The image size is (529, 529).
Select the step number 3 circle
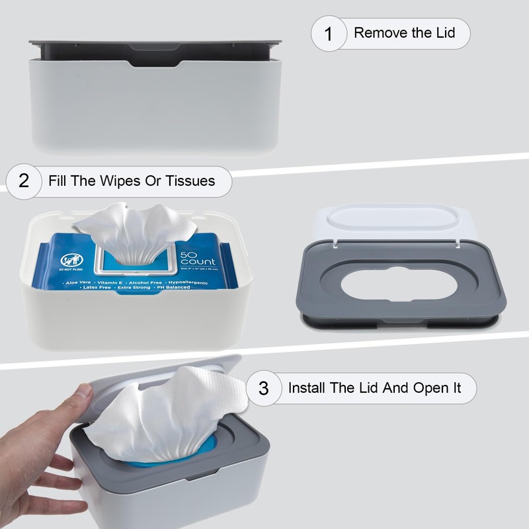coord(264,388)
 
